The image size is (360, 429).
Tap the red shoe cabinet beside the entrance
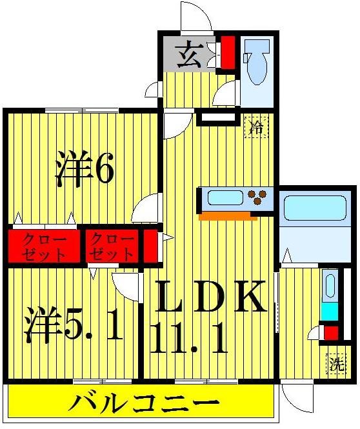click(x=228, y=54)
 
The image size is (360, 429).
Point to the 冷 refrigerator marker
click(x=256, y=126)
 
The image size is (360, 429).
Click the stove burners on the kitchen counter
click(x=260, y=197)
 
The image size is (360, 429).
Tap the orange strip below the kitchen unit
click(x=229, y=216)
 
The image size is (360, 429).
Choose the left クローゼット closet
click(x=43, y=246)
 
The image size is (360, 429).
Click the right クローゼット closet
click(x=113, y=246)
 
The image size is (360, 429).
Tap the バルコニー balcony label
click(x=143, y=404)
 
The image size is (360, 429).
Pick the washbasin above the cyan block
click(x=329, y=286)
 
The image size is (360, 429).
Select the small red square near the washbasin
click(x=330, y=333)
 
